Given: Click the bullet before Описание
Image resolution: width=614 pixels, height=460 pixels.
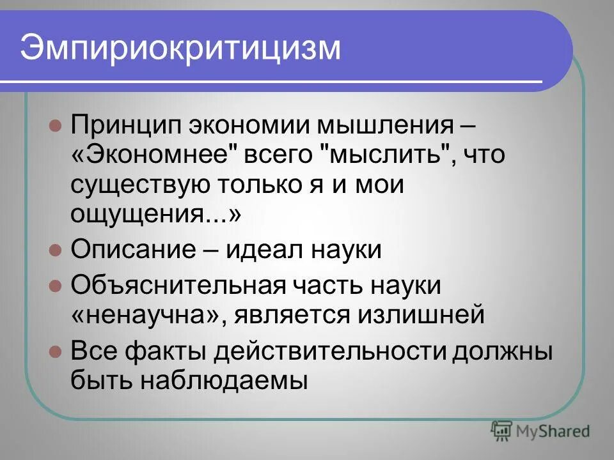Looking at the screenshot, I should [55, 249].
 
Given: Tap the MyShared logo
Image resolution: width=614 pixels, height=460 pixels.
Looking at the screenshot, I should [540, 431].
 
